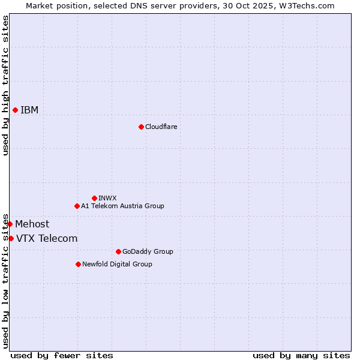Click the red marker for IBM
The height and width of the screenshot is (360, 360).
(15, 110)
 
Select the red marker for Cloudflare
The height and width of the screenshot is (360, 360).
(141, 127)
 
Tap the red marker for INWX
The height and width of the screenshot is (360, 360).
(94, 198)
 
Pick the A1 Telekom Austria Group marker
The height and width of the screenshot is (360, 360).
(77, 206)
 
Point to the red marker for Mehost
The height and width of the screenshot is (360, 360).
(10, 224)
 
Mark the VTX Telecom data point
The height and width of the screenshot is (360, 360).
(11, 238)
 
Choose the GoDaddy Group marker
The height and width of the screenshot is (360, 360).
(118, 251)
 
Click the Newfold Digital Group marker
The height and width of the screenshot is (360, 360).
(78, 264)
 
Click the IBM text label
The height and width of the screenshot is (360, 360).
(29, 110)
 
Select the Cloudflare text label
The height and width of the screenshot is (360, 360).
(161, 127)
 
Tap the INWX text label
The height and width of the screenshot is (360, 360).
(107, 198)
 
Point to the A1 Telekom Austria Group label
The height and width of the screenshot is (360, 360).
(122, 206)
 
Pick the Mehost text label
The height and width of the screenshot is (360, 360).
(32, 224)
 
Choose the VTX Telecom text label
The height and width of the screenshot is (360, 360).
(47, 238)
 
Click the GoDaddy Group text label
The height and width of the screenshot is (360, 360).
(148, 251)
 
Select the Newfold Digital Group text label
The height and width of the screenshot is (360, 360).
(117, 264)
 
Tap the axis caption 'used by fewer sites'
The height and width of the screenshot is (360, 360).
(62, 355)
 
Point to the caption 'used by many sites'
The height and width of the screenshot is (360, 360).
(301, 355)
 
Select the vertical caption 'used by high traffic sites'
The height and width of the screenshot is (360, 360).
(5, 85)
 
